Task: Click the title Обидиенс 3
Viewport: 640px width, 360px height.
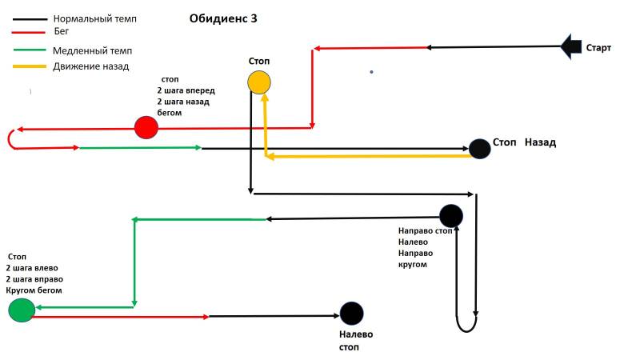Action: point(223,18)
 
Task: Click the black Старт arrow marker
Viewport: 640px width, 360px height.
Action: point(571,46)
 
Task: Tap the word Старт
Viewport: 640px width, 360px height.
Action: point(598,48)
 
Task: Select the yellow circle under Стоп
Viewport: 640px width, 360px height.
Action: point(258,82)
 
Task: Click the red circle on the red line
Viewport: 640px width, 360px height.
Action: point(146,127)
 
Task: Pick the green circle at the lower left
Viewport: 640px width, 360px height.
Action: point(22,310)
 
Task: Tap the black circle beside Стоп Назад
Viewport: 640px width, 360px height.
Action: point(479,148)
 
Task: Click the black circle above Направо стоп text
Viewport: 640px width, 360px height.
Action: point(451,215)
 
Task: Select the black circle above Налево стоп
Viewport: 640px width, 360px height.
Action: point(351,314)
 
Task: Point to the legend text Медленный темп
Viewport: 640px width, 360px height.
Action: point(92,50)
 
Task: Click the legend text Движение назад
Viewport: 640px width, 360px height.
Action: point(91,66)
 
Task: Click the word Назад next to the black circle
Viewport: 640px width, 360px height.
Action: point(541,142)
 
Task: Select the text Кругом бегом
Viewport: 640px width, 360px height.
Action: point(34,290)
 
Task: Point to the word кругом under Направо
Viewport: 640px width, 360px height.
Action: point(412,264)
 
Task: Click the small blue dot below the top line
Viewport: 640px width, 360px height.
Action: point(371,72)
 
